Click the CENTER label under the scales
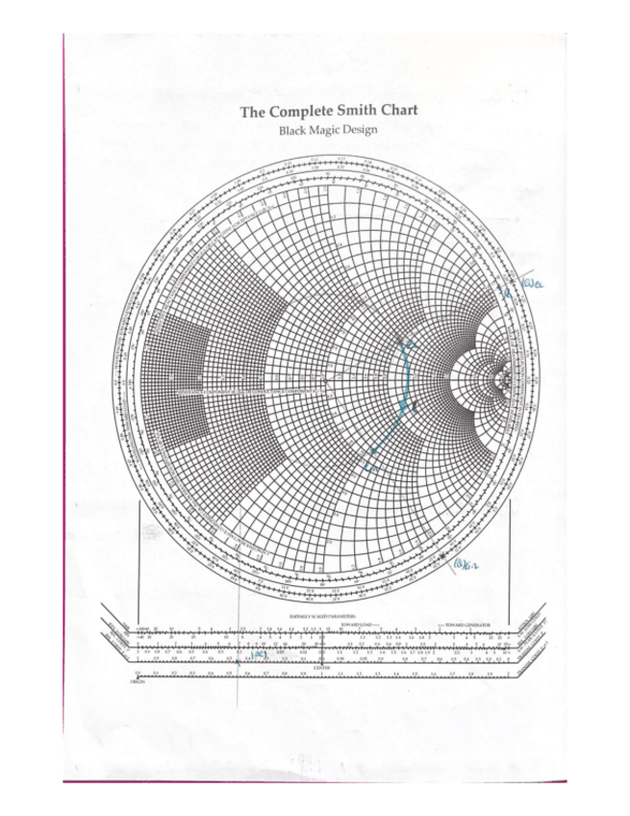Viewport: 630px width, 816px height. point(315,667)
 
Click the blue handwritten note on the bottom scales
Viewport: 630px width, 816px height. point(260,654)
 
